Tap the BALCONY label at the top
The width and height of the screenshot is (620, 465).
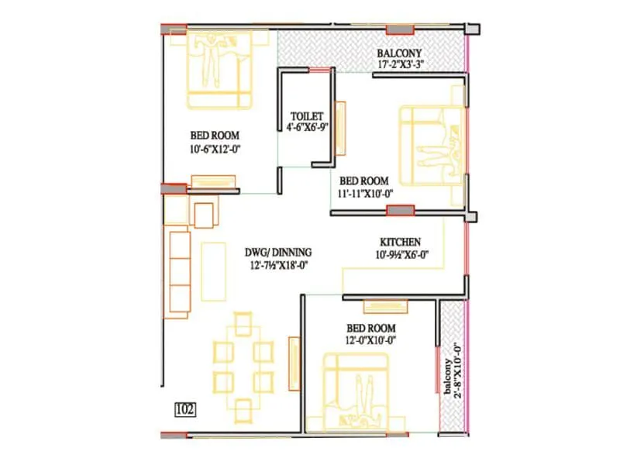(x=399, y=53)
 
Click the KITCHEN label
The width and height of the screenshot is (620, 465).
(x=400, y=243)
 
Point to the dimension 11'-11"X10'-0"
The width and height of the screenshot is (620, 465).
(x=367, y=194)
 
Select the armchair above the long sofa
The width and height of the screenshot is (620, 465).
(x=205, y=215)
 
